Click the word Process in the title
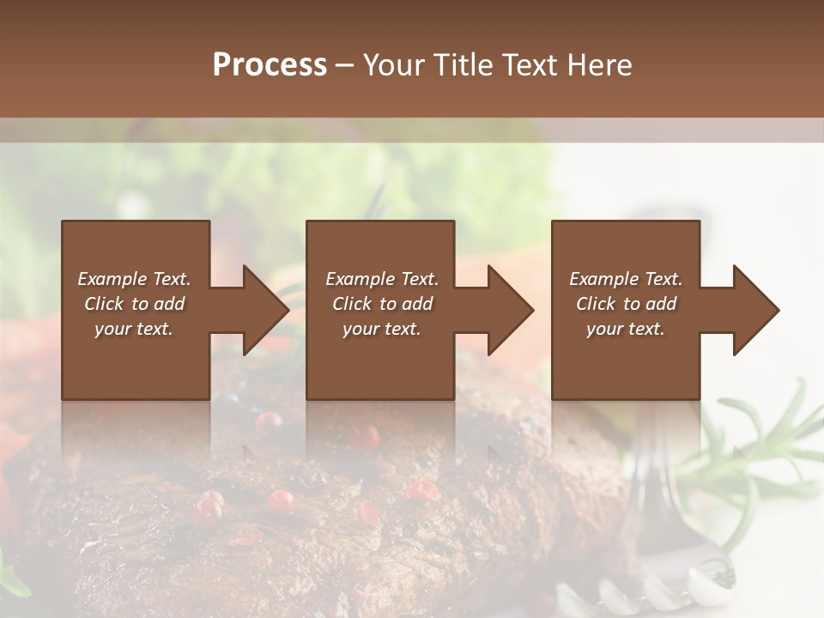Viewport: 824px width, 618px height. pyautogui.click(x=270, y=64)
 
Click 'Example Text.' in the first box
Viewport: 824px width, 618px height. pyautogui.click(x=134, y=279)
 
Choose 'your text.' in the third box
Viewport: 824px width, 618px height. pyautogui.click(x=625, y=329)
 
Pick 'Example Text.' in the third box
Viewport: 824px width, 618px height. pyautogui.click(x=626, y=279)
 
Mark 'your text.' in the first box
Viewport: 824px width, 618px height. pyautogui.click(x=134, y=329)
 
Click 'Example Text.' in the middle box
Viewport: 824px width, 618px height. pyautogui.click(x=382, y=279)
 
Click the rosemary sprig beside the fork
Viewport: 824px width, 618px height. pyautogui.click(x=755, y=446)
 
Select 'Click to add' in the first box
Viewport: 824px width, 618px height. pyautogui.click(x=135, y=304)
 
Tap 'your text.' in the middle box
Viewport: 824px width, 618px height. pyautogui.click(x=381, y=329)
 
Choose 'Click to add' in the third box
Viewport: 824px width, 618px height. pyautogui.click(x=627, y=304)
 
